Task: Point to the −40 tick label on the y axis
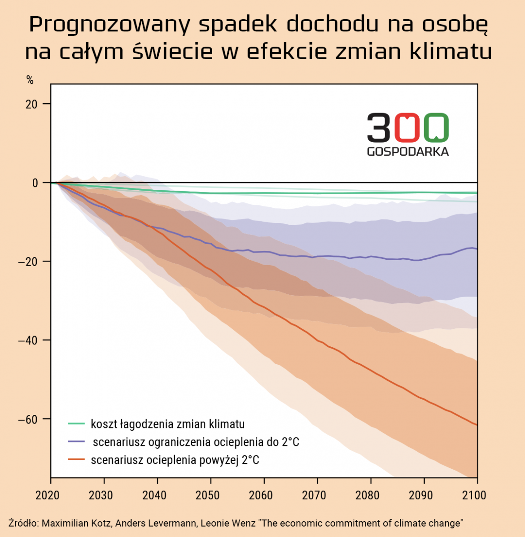click(x=28, y=340)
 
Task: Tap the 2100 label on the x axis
click(x=474, y=495)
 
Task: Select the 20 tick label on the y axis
click(x=31, y=104)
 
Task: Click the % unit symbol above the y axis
click(x=30, y=80)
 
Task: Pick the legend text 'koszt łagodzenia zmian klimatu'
click(x=167, y=424)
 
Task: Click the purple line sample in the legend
click(x=76, y=442)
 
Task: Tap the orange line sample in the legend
click(x=76, y=460)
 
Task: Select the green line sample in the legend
click(x=76, y=424)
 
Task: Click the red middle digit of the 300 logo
click(x=407, y=127)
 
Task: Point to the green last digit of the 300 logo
click(x=435, y=127)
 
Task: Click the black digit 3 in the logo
click(x=379, y=127)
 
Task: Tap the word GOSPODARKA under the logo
click(x=407, y=152)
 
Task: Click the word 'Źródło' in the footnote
click(x=22, y=523)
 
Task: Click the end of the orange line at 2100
click(x=477, y=424)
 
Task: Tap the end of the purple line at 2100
click(x=477, y=249)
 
